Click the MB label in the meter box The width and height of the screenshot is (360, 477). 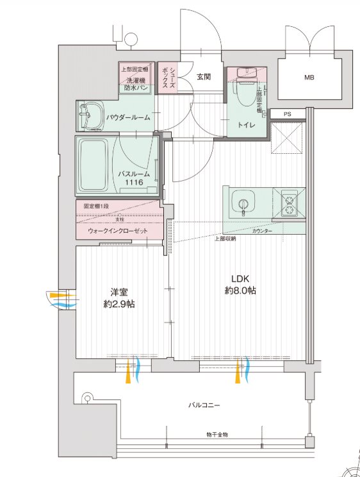click(309, 78)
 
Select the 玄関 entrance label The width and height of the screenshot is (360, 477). click(204, 77)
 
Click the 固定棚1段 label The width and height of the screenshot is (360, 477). click(97, 207)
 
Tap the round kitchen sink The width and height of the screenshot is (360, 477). click(244, 205)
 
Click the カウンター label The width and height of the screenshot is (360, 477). click(262, 230)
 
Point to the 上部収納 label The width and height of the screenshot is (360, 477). click(224, 238)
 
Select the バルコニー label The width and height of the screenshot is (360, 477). click(204, 405)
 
